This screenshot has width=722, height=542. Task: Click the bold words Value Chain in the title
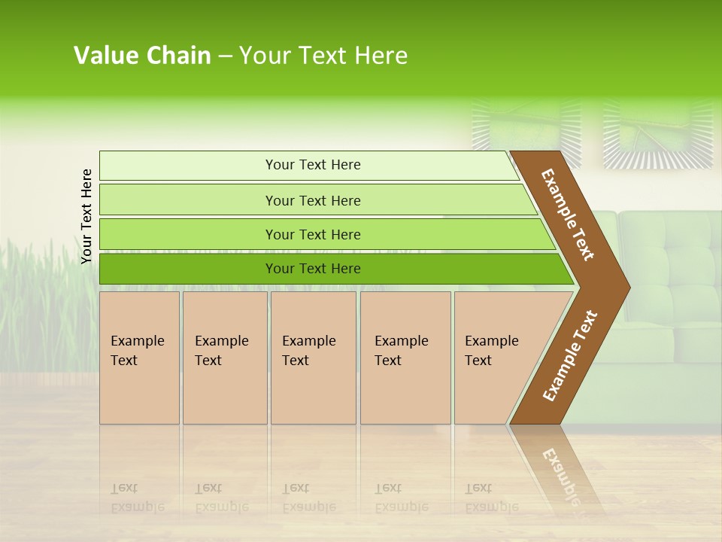[142, 56]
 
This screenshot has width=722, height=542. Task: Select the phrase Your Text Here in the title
[323, 56]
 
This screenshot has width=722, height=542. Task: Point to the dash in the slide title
[225, 56]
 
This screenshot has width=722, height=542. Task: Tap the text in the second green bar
[313, 201]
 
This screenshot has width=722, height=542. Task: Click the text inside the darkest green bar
[313, 269]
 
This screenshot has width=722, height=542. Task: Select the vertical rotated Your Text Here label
[86, 216]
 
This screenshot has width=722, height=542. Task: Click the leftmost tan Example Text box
[139, 358]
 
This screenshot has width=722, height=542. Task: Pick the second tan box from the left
[224, 358]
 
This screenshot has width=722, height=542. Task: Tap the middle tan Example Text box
[313, 358]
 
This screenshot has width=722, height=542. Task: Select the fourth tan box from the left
[405, 358]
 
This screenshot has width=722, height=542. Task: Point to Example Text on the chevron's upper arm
[568, 215]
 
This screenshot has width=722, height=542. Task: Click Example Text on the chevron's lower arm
[570, 355]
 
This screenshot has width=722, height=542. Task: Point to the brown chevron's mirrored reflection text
[560, 474]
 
